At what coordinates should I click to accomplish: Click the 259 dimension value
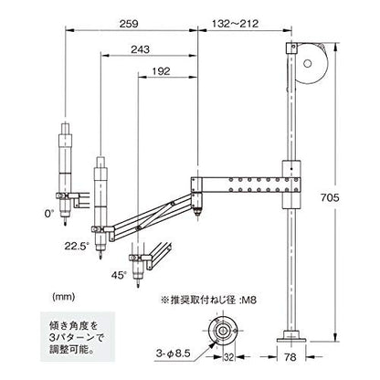click(x=129, y=24)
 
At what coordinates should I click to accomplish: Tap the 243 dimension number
click(x=141, y=49)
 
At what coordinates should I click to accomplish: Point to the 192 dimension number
click(x=161, y=71)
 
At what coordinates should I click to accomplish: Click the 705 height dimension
click(x=330, y=197)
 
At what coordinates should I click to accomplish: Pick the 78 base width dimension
click(x=290, y=356)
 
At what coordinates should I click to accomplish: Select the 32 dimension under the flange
click(x=229, y=357)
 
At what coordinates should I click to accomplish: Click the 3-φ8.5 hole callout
click(x=173, y=354)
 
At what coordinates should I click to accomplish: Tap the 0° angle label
click(x=48, y=214)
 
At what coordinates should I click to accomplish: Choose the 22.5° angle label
click(x=77, y=246)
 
